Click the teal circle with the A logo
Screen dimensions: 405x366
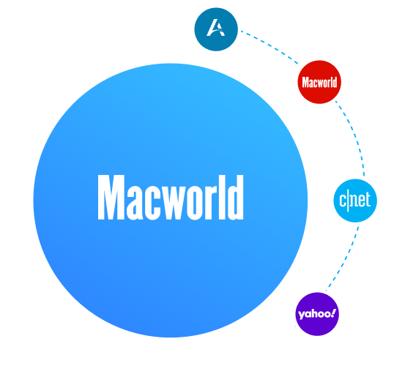click(216, 29)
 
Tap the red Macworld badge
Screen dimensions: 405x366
click(319, 82)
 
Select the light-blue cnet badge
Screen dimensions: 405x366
click(355, 201)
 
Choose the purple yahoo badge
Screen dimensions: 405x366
click(317, 314)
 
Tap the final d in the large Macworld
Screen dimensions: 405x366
click(234, 198)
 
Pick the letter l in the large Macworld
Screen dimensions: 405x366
click(222, 198)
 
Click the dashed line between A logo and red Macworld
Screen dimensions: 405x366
click(270, 45)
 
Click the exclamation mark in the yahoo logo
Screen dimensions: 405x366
click(333, 313)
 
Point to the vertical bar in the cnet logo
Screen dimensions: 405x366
click(348, 201)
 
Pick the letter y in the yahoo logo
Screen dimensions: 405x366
click(301, 315)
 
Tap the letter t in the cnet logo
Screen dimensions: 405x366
click(368, 200)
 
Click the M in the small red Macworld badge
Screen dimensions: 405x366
click(305, 82)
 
